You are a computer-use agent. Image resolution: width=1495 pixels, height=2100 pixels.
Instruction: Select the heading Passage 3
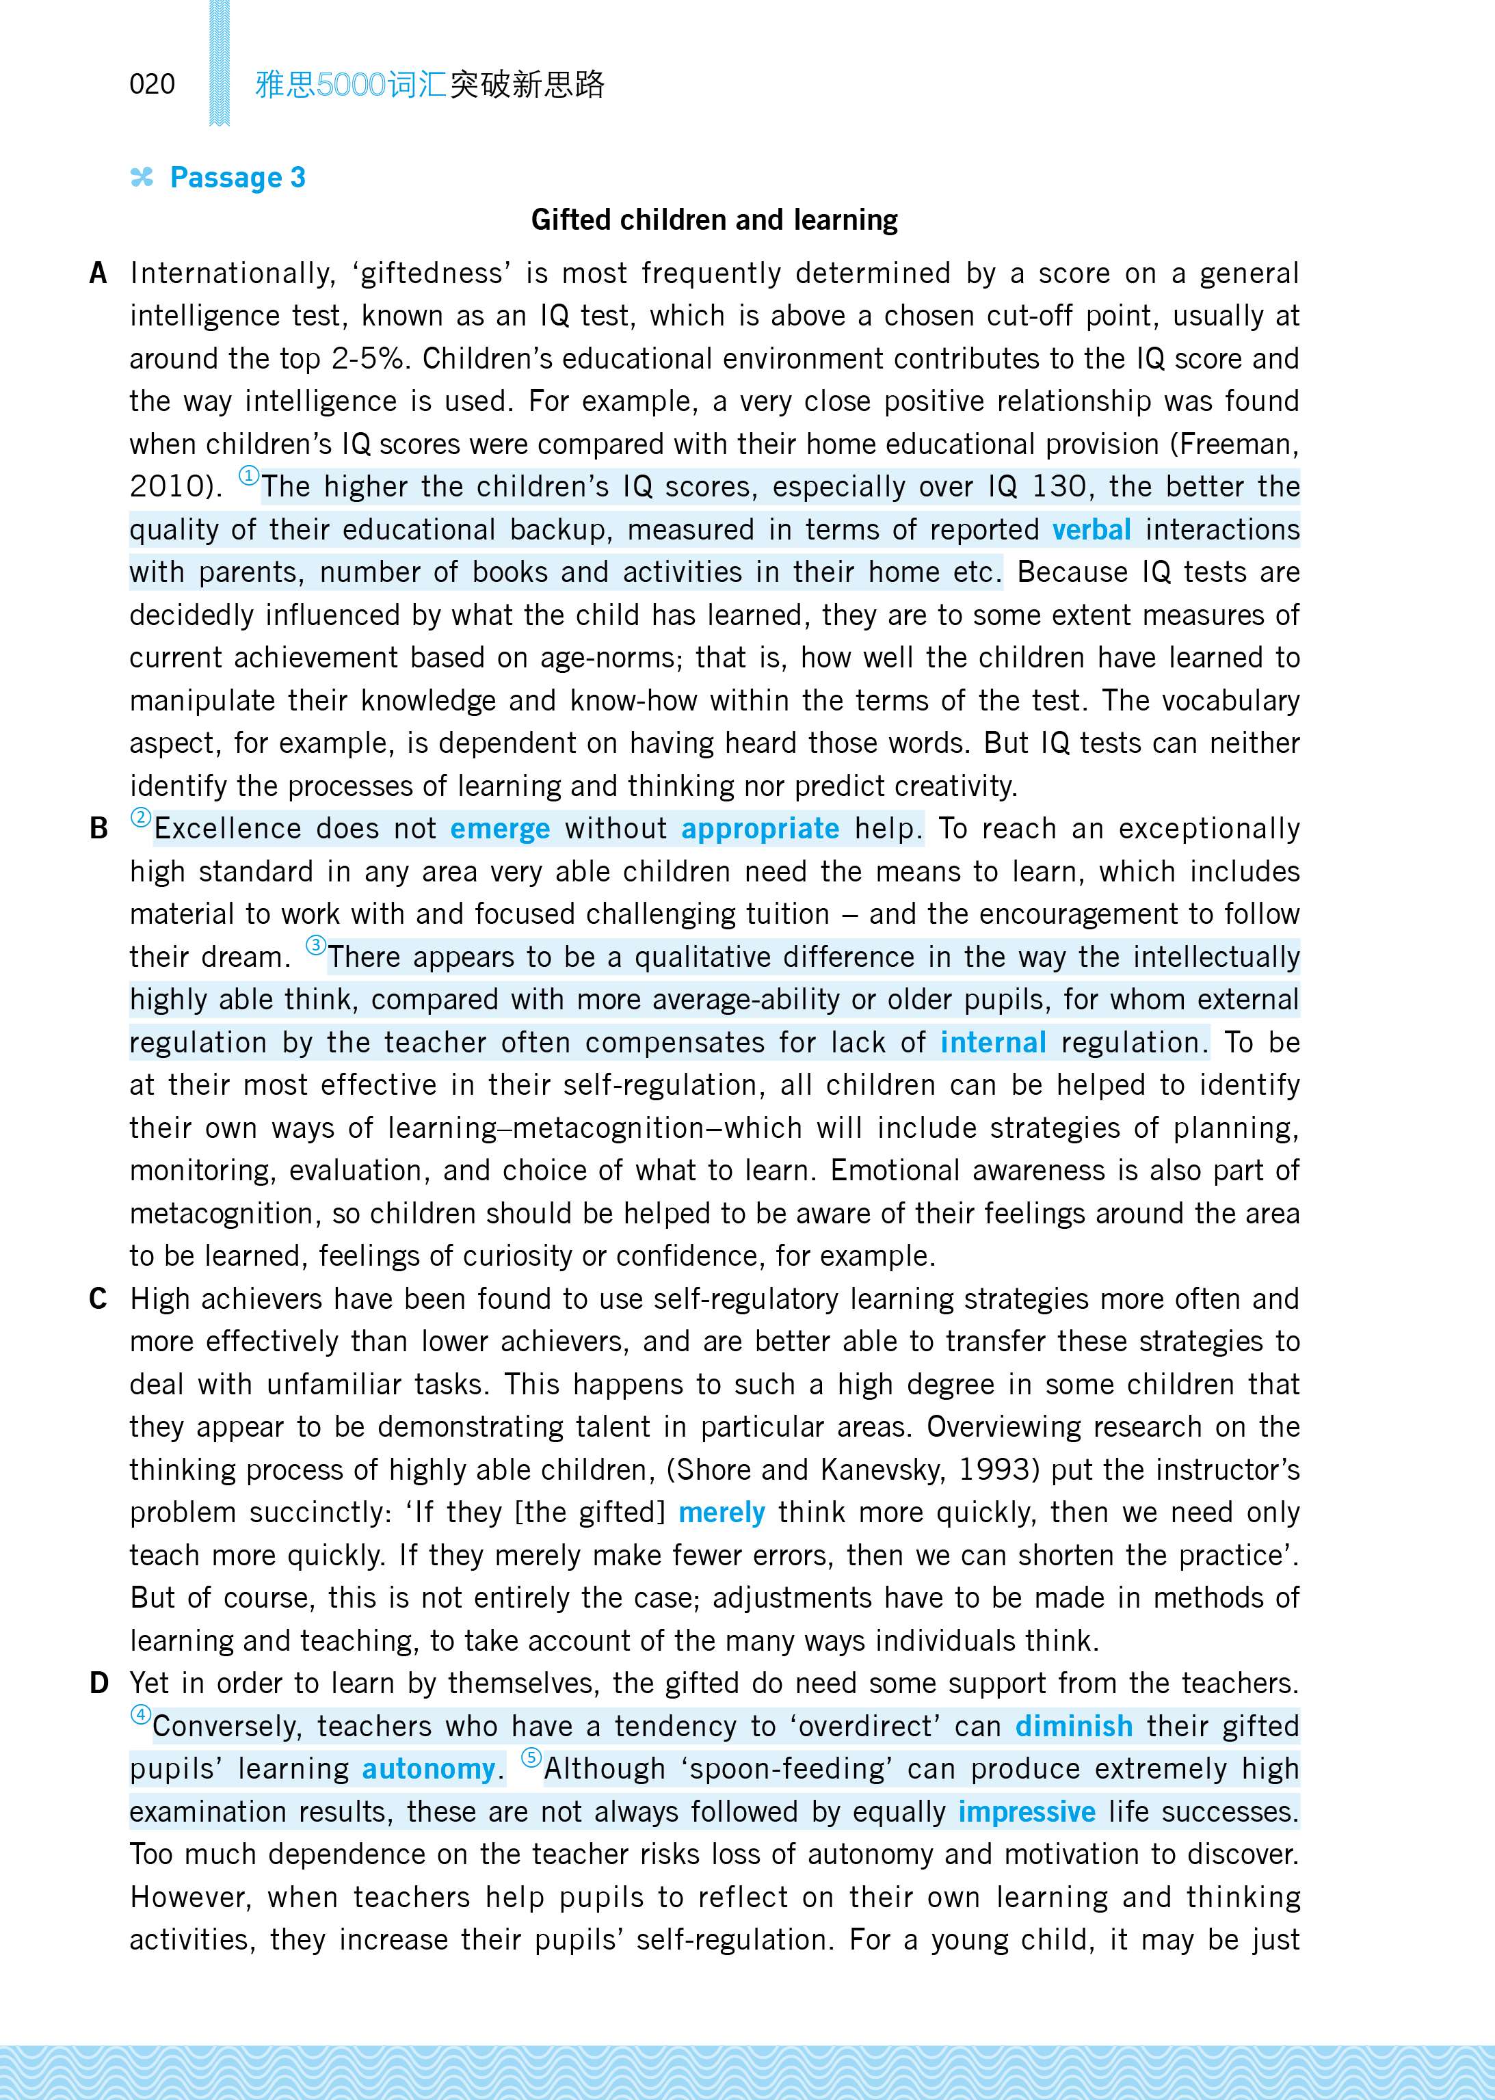237,178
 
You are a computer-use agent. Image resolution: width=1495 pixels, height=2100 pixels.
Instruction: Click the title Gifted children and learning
715,220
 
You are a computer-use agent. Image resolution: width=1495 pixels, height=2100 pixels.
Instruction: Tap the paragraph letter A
98,274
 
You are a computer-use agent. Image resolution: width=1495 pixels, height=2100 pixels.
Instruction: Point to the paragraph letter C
98,1299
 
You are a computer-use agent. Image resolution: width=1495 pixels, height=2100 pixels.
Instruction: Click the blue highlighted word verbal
1091,530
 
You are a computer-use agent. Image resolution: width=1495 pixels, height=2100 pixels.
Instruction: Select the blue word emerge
500,829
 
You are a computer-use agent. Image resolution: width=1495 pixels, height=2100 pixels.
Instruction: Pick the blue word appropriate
760,829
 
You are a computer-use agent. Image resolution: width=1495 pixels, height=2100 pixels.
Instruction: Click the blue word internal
992,1043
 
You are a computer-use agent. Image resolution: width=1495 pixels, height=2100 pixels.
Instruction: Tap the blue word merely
722,1513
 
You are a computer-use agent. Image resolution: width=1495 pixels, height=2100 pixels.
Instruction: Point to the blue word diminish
1074,1727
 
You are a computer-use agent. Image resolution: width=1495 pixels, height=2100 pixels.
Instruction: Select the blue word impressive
1027,1812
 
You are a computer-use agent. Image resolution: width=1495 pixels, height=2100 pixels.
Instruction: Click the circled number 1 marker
248,476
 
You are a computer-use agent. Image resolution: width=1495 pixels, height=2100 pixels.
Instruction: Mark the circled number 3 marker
316,946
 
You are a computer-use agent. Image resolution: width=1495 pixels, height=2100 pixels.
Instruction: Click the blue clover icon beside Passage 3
142,178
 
